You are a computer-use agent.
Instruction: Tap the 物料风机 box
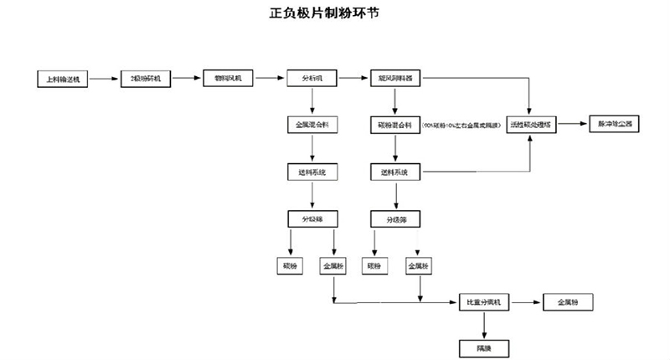point(227,78)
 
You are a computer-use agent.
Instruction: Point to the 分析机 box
point(312,78)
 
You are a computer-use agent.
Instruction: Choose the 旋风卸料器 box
point(395,78)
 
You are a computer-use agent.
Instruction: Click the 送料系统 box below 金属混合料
point(312,172)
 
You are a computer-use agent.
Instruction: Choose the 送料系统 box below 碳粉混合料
point(395,172)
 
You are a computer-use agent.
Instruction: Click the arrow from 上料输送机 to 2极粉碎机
point(104,79)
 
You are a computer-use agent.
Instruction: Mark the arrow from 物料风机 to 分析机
point(269,78)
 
